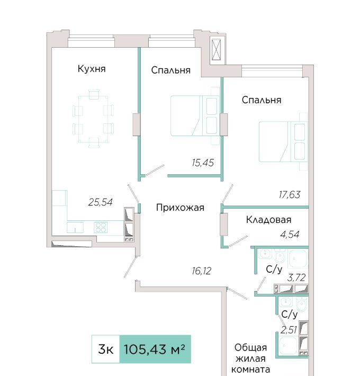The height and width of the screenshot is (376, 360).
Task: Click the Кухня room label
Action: coord(92,69)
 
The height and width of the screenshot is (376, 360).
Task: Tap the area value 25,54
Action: coord(100,202)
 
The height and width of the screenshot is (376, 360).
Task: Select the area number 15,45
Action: coord(203,163)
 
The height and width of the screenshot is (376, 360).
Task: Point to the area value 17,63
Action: coord(289,195)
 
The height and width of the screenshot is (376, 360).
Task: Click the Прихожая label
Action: coord(180,208)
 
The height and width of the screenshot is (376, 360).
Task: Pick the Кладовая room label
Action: coord(269,220)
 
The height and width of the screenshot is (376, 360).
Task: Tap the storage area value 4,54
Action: coord(290,234)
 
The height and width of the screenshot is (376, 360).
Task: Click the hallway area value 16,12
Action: coord(201,271)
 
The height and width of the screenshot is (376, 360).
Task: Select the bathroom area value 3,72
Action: coord(296,278)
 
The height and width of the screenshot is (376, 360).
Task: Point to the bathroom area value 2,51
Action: coord(289,330)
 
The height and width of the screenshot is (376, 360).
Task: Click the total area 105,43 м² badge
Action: coord(155,349)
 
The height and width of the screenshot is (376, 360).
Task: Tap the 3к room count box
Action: coord(106,349)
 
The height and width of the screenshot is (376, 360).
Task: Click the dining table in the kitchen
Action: coord(93,119)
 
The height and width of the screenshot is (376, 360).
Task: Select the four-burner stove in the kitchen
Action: coord(101,227)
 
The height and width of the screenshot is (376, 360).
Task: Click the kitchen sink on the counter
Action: coord(75,227)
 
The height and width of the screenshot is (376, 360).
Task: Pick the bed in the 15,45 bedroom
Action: coord(195,116)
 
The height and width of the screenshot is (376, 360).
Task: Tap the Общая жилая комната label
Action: coord(250,359)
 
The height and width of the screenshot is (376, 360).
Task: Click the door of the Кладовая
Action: coord(238,241)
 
